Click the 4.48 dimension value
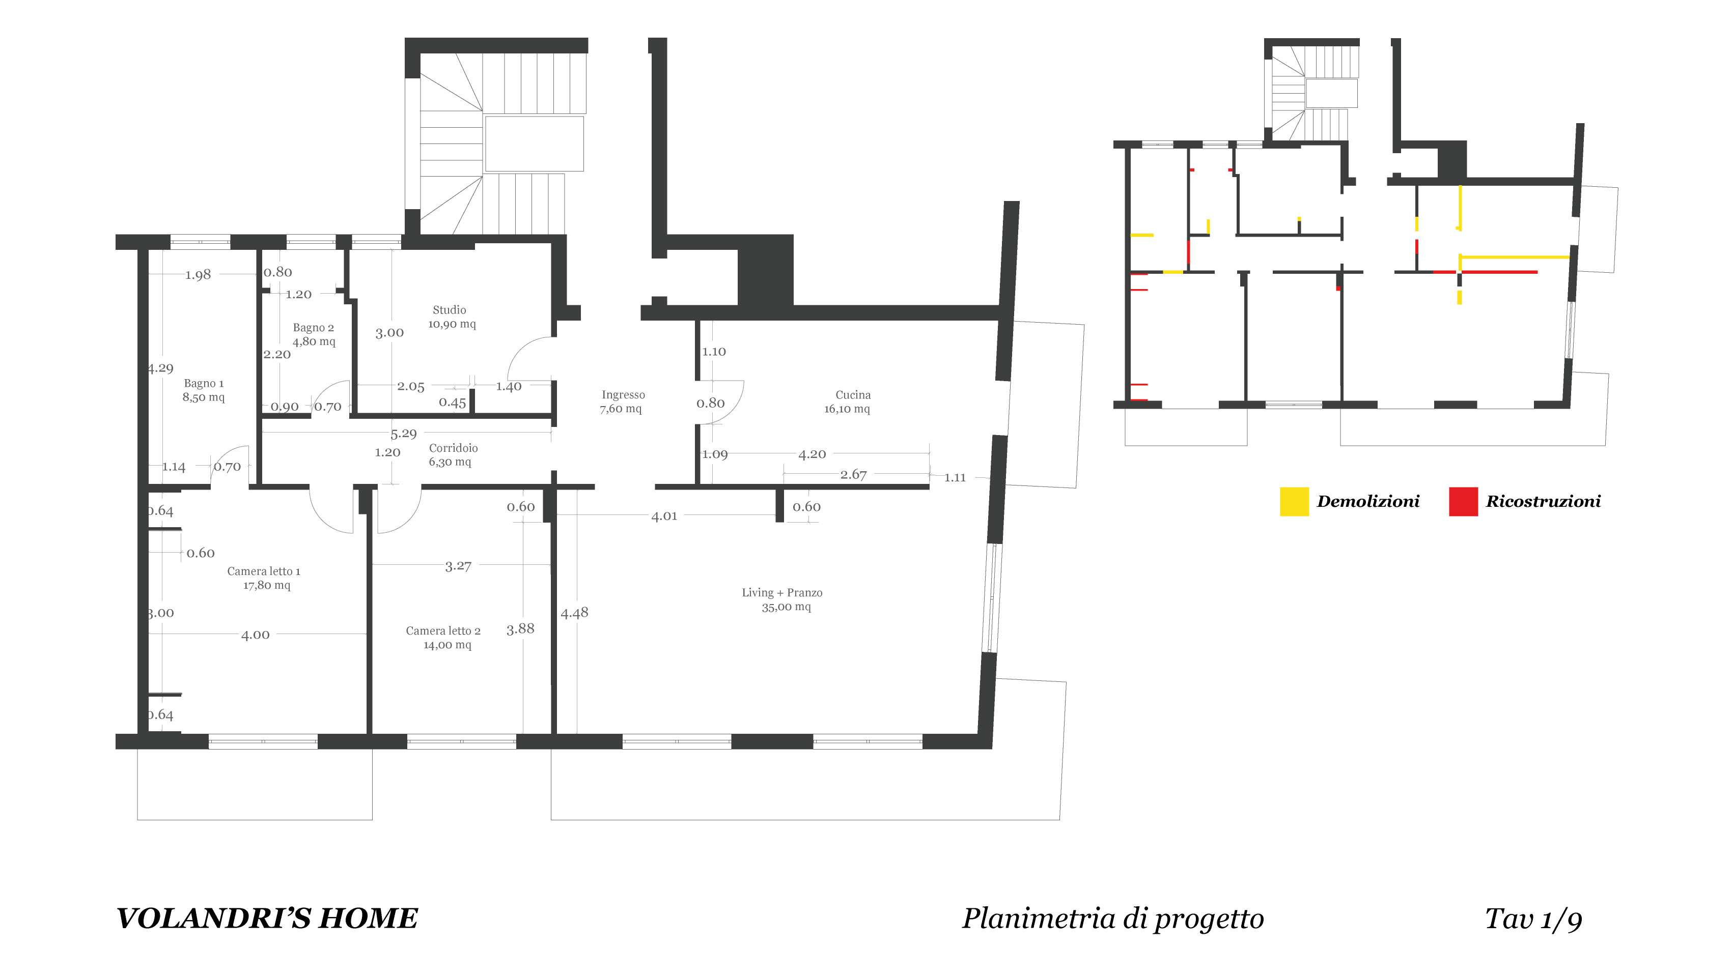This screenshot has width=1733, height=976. tap(574, 612)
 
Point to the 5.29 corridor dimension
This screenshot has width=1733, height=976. tap(404, 434)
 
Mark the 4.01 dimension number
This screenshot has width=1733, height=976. tap(664, 516)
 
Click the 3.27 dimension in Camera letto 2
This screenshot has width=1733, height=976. tap(458, 566)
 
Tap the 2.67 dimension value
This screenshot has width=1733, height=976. tap(854, 474)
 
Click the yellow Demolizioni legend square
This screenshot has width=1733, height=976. tap(1294, 502)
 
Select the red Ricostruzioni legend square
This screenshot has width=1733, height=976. tap(1463, 502)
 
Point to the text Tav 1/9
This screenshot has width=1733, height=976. tap(1534, 920)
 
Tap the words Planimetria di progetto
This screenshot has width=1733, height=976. tap(1113, 920)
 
